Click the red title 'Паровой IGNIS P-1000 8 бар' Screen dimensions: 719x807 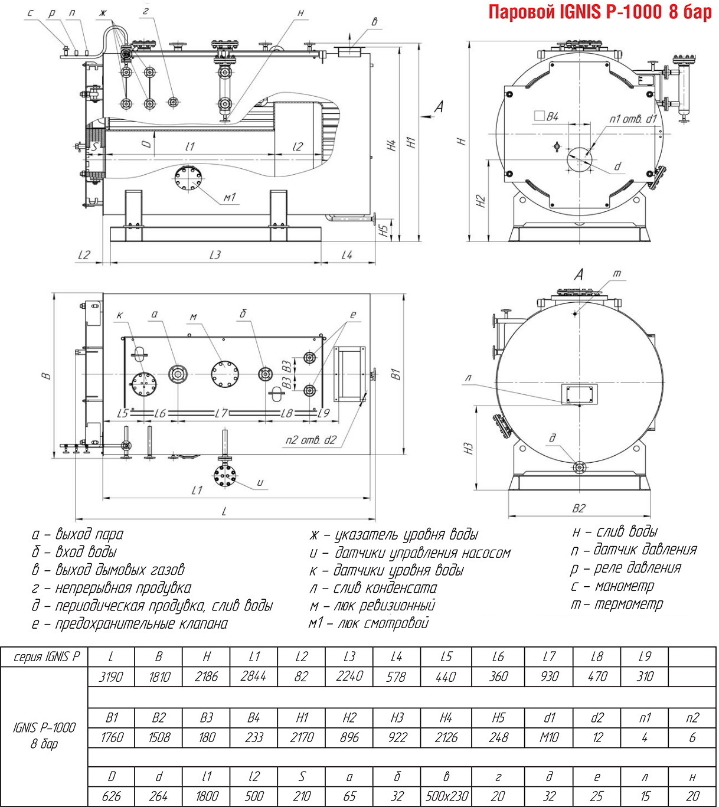click(600, 12)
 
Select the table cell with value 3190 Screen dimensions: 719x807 click(111, 677)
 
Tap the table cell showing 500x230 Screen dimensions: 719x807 click(446, 796)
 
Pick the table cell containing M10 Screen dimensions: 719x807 click(549, 737)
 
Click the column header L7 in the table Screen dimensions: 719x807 click(549, 656)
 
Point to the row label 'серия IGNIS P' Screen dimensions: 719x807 click(44, 656)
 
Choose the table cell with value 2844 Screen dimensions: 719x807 click(253, 677)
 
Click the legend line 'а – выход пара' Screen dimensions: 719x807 click(77, 534)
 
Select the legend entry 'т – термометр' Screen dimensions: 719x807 click(617, 605)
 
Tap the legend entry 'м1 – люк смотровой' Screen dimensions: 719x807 click(368, 623)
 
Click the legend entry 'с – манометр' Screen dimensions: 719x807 click(612, 586)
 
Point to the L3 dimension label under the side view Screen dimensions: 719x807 click(215, 254)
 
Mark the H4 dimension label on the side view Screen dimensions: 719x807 click(392, 145)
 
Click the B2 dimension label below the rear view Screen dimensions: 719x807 click(579, 508)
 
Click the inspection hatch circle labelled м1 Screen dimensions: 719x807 click(188, 179)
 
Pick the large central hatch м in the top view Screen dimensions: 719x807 click(225, 374)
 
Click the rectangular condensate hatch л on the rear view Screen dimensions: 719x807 click(579, 394)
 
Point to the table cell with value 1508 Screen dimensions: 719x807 click(159, 737)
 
